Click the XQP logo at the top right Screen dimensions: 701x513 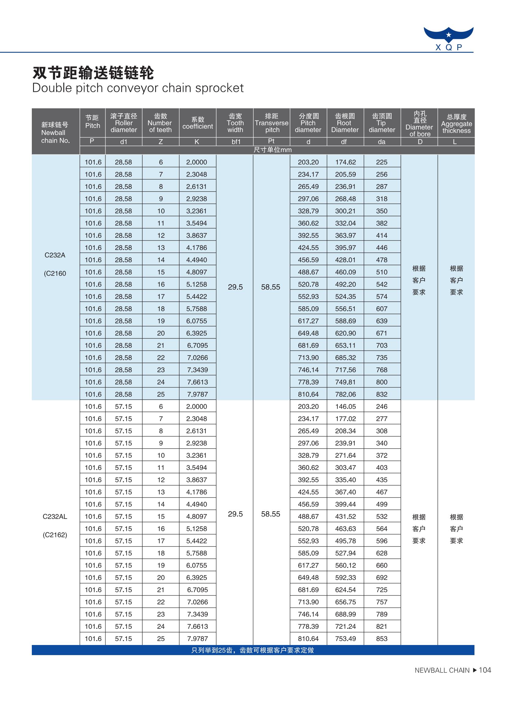click(x=448, y=39)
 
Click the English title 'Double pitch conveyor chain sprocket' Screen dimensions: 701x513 click(x=138, y=88)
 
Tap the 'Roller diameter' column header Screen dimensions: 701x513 click(x=124, y=123)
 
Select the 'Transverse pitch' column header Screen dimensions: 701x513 click(x=271, y=123)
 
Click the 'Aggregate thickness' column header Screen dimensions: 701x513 click(x=456, y=124)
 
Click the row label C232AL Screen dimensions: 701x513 click(x=55, y=517)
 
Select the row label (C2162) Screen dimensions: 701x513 click(x=55, y=535)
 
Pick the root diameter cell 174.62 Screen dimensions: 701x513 click(x=345, y=162)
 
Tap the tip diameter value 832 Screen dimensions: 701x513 click(x=382, y=394)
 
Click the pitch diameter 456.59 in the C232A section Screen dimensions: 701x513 click(x=308, y=260)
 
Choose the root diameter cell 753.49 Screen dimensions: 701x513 click(x=345, y=639)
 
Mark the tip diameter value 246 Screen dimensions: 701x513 click(x=382, y=407)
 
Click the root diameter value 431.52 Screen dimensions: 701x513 click(x=345, y=516)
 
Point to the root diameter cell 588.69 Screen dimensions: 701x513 click(x=345, y=321)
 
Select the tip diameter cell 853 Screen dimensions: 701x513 click(x=382, y=639)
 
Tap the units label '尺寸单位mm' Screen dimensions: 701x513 click(x=273, y=150)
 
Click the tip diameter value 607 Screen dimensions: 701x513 click(x=382, y=309)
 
